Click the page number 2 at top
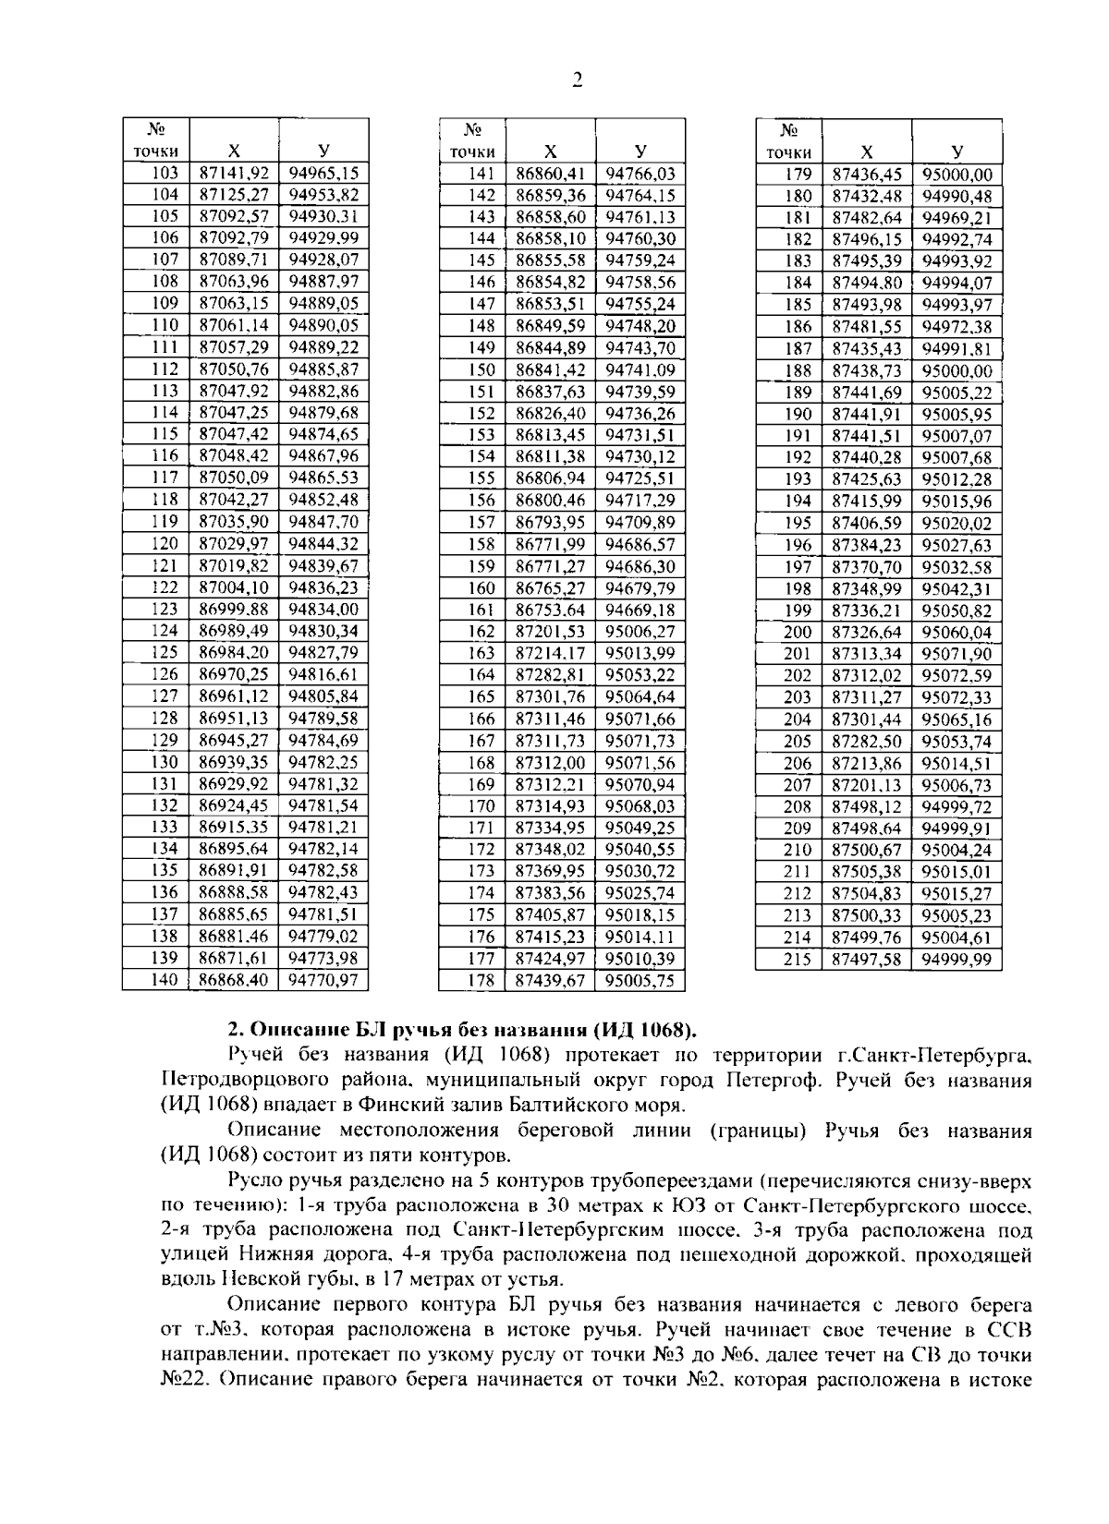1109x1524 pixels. (x=578, y=80)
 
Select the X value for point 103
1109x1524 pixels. (x=234, y=173)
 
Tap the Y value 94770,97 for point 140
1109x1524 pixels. (x=323, y=980)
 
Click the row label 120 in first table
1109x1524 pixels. (x=164, y=543)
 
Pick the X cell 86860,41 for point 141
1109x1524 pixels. (x=550, y=173)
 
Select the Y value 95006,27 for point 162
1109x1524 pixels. (x=640, y=631)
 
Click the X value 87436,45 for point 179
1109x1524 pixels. (x=866, y=174)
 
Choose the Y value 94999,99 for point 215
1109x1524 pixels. (x=957, y=959)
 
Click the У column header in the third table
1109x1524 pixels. (x=957, y=151)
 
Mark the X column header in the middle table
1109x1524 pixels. (x=550, y=151)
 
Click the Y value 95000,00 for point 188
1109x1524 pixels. (x=957, y=369)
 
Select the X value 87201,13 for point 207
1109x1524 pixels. (x=866, y=784)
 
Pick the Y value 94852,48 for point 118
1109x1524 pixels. (x=323, y=500)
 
